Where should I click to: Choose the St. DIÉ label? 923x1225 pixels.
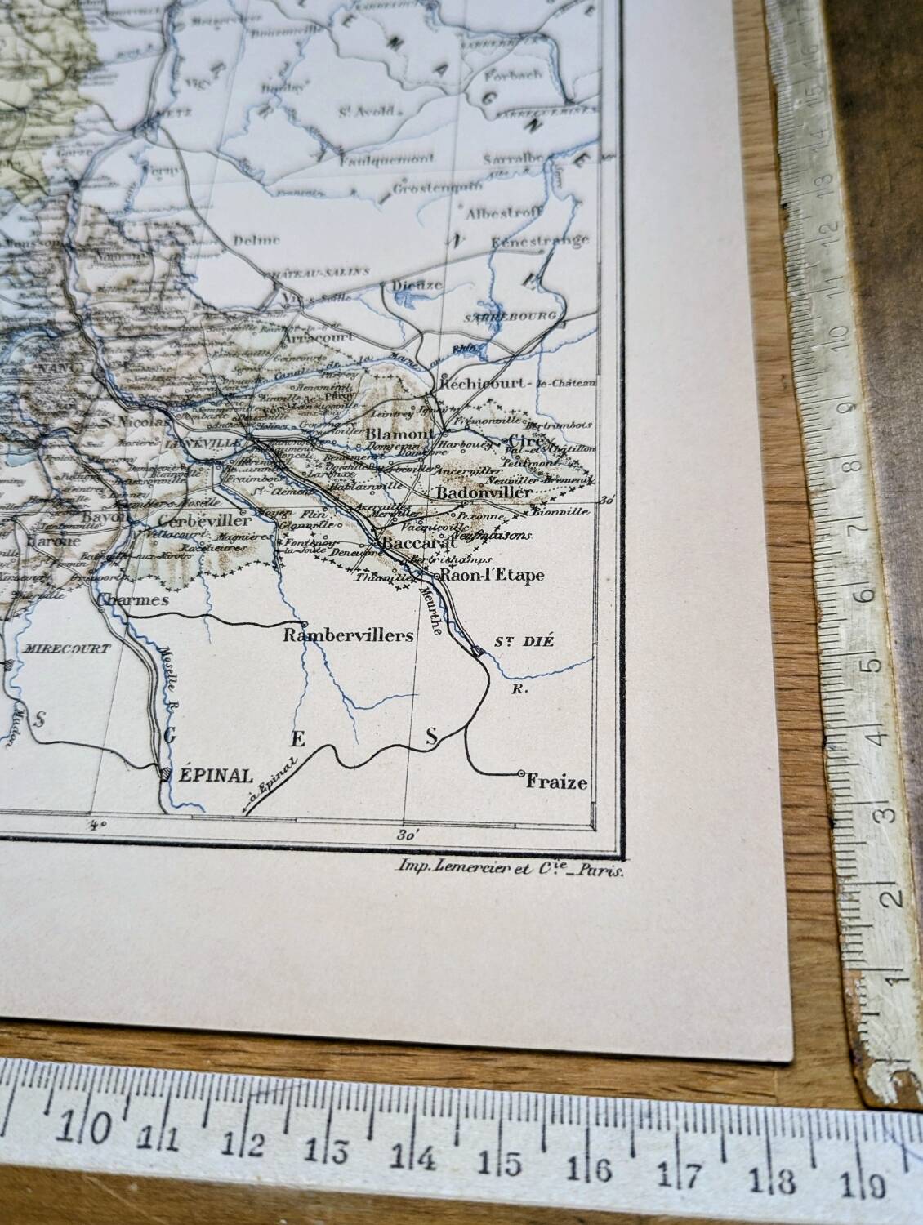pyautogui.click(x=524, y=641)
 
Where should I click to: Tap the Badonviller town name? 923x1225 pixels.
pyautogui.click(x=484, y=492)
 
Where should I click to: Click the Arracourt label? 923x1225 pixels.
pyautogui.click(x=315, y=336)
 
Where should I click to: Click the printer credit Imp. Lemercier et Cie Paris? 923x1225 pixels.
pyautogui.click(x=509, y=871)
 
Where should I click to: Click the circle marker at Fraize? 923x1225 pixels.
pyautogui.click(x=521, y=773)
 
